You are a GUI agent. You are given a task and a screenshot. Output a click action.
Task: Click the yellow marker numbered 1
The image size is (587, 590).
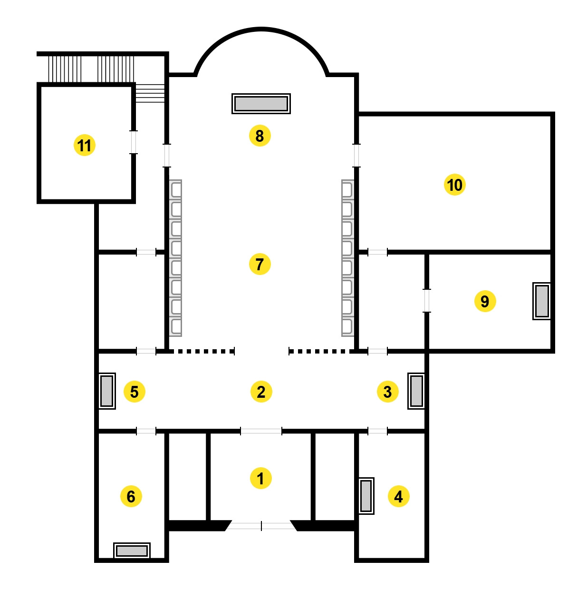pyautogui.click(x=260, y=478)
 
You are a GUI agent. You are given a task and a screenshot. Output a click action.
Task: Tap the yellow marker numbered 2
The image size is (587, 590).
pyautogui.click(x=261, y=392)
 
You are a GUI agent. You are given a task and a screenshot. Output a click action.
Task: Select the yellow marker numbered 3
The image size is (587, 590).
pyautogui.click(x=387, y=392)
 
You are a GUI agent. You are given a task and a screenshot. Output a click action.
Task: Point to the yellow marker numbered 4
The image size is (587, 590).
pyautogui.click(x=398, y=496)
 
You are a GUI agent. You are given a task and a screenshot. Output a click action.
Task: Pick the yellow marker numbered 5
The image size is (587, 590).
pyautogui.click(x=134, y=392)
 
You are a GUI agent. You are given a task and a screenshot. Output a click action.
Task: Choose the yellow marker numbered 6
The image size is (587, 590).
pyautogui.click(x=131, y=496)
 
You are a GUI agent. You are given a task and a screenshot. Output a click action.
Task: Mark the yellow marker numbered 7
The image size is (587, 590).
pyautogui.click(x=260, y=264)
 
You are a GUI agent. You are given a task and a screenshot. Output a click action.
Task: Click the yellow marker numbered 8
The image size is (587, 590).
pyautogui.click(x=260, y=136)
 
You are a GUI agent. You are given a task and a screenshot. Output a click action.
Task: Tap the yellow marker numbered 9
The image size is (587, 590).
pyautogui.click(x=485, y=301)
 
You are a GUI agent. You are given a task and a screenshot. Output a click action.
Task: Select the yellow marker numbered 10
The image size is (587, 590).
pyautogui.click(x=454, y=185)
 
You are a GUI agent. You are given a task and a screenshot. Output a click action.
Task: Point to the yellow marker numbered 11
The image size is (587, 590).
pyautogui.click(x=85, y=145)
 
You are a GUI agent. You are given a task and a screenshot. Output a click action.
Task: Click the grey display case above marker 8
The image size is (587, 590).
pyautogui.click(x=261, y=104)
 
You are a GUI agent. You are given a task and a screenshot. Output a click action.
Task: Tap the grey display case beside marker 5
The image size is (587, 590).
pyautogui.click(x=107, y=391)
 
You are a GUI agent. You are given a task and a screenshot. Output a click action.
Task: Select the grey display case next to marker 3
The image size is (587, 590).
pyautogui.click(x=416, y=391)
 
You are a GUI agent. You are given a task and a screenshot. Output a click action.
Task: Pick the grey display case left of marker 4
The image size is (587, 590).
pyautogui.click(x=366, y=496)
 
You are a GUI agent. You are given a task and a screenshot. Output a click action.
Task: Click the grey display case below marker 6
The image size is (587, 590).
pyautogui.click(x=132, y=551)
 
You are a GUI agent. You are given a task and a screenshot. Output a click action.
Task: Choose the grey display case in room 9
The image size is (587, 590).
pyautogui.click(x=542, y=301)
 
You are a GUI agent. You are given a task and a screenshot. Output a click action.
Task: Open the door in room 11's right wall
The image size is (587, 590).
pyautogui.click(x=134, y=142)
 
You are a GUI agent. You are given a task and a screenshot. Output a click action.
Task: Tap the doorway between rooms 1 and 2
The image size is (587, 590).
pyautogui.click(x=261, y=431)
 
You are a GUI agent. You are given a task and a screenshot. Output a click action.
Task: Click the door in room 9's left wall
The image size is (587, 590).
pyautogui.click(x=427, y=301)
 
